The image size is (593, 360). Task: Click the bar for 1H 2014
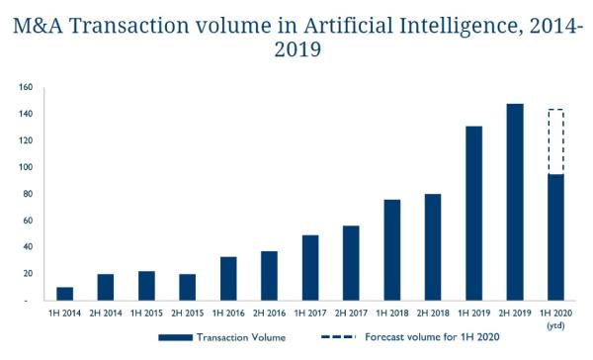(64, 294)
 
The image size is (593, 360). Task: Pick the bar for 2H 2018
(432, 247)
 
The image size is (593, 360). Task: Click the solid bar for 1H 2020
(555, 237)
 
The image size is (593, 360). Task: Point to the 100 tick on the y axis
(25, 167)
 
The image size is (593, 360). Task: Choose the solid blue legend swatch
(182, 338)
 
